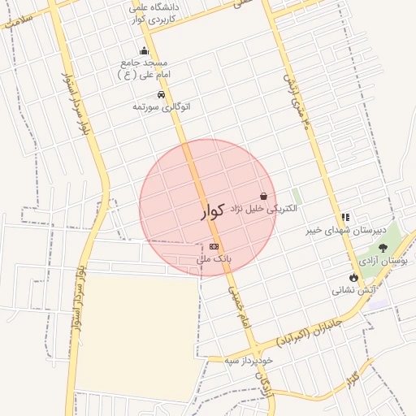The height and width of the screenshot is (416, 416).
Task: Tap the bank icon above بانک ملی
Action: click(x=214, y=246)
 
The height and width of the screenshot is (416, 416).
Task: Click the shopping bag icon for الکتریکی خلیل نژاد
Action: click(x=263, y=196)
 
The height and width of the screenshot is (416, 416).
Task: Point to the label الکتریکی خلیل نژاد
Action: click(x=265, y=209)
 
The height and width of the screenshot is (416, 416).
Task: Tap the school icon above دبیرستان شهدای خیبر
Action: click(x=346, y=217)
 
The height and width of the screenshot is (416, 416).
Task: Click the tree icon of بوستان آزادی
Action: click(x=383, y=248)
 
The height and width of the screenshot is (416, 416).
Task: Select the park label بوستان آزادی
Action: click(x=387, y=261)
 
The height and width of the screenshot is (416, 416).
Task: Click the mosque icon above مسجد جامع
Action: click(x=145, y=51)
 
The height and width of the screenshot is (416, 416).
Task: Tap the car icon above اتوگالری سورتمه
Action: click(x=161, y=94)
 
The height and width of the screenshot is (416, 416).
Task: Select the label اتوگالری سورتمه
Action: click(x=161, y=106)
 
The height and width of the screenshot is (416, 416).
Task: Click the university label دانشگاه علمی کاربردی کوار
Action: click(x=157, y=13)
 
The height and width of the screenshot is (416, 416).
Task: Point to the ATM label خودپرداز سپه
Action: click(x=249, y=359)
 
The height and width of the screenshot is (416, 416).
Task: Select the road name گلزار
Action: click(x=352, y=379)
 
